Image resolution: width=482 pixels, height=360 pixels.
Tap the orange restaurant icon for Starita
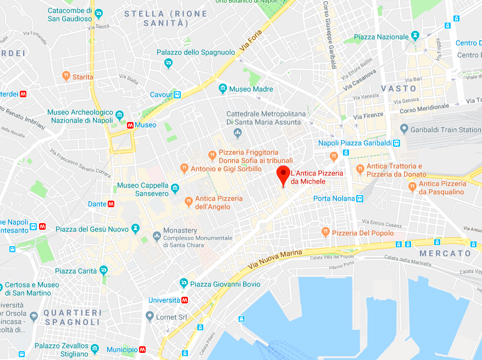[x=66, y=77]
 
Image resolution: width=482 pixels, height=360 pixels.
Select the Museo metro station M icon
[x=130, y=125]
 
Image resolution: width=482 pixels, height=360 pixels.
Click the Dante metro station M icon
[x=111, y=204]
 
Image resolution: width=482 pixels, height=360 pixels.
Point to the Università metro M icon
[x=185, y=300]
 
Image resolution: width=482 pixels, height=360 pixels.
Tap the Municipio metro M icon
[x=143, y=350]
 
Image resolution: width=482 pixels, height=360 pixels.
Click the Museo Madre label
[x=251, y=89]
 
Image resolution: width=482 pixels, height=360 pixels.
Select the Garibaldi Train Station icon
[x=405, y=130]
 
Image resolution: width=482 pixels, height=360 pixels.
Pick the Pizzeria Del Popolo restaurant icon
[x=325, y=233]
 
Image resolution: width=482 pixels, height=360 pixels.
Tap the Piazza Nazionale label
[x=381, y=37]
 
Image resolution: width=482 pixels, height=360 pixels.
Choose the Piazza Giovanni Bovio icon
[x=184, y=284]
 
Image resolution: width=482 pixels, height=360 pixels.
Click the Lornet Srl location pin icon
[x=149, y=316]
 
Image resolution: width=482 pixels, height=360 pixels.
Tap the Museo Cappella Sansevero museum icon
[x=175, y=189]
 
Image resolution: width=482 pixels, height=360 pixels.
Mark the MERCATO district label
[x=445, y=253]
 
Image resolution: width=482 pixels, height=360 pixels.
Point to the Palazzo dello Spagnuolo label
[x=196, y=53]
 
